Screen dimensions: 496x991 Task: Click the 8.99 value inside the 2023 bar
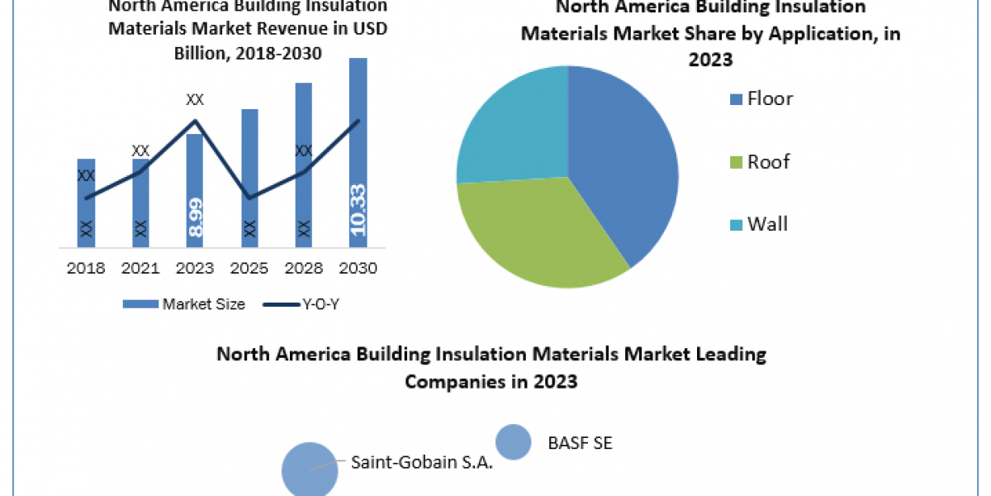point(196,217)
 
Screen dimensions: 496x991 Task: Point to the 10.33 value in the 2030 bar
point(358,210)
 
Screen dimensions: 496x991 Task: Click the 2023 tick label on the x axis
point(195,269)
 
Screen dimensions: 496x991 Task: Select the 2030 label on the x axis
point(358,269)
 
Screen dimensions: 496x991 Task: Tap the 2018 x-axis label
point(86,269)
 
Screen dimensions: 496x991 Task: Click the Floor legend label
point(769,99)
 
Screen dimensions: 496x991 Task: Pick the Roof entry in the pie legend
point(768,162)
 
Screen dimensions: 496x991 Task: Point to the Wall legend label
point(767,224)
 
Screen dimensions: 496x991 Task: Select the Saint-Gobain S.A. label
point(421,462)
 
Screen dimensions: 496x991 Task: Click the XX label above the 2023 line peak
point(195,100)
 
